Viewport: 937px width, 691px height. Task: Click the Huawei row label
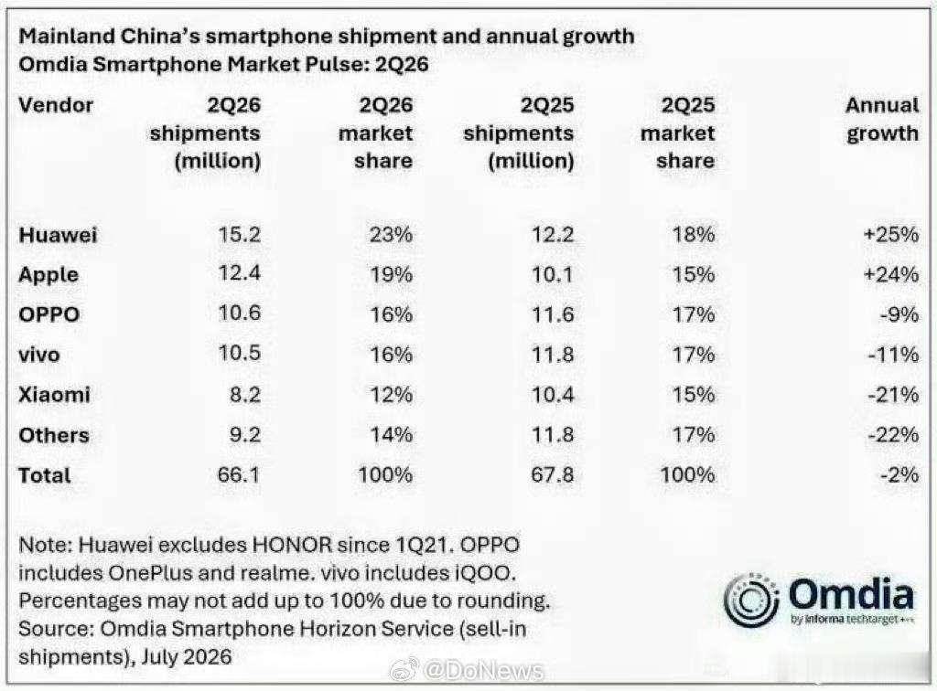click(x=58, y=235)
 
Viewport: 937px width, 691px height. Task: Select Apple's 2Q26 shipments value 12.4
click(x=239, y=273)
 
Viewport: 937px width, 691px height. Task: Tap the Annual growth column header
click(x=882, y=120)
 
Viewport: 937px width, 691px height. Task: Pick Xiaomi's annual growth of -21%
click(x=893, y=395)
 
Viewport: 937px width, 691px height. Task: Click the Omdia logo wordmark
click(x=851, y=596)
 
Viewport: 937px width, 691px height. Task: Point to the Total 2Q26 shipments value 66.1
click(x=239, y=474)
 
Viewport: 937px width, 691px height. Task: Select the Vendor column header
click(x=56, y=105)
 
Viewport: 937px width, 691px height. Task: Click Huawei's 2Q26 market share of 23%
click(x=391, y=235)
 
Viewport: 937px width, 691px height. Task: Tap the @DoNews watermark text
click(x=483, y=671)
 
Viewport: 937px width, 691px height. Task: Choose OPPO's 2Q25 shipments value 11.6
click(x=553, y=314)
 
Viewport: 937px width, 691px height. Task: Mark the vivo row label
click(x=39, y=355)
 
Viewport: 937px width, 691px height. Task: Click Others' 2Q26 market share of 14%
click(x=391, y=434)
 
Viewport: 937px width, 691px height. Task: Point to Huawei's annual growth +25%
click(x=891, y=235)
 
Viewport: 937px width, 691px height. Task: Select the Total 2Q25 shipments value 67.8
click(x=552, y=474)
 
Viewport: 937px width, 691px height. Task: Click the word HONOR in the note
click(x=292, y=545)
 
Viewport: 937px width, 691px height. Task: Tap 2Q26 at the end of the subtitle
click(x=402, y=65)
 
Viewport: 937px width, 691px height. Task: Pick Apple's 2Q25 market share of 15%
click(x=694, y=274)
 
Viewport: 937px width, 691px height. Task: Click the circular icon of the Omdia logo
click(x=751, y=601)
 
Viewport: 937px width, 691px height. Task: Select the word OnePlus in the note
click(x=151, y=573)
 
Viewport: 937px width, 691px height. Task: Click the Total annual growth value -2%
click(x=899, y=474)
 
